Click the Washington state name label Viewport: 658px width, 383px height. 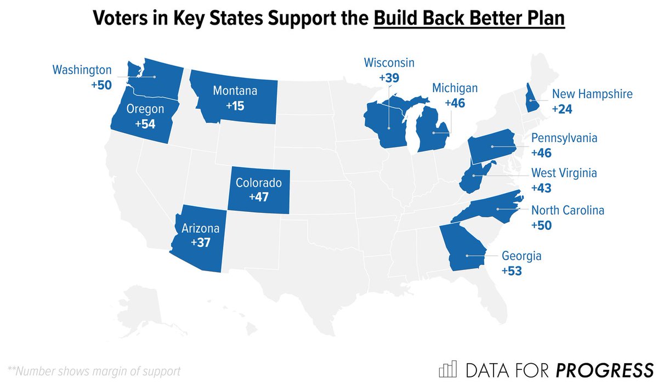click(82, 70)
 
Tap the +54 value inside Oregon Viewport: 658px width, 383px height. click(145, 123)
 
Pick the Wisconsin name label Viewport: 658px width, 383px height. click(389, 63)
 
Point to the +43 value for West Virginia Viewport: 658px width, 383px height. click(542, 188)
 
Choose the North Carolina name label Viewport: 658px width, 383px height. click(568, 210)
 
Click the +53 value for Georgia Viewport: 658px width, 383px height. click(512, 270)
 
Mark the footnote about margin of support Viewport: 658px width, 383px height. click(93, 370)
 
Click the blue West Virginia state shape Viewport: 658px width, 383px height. click(473, 178)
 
